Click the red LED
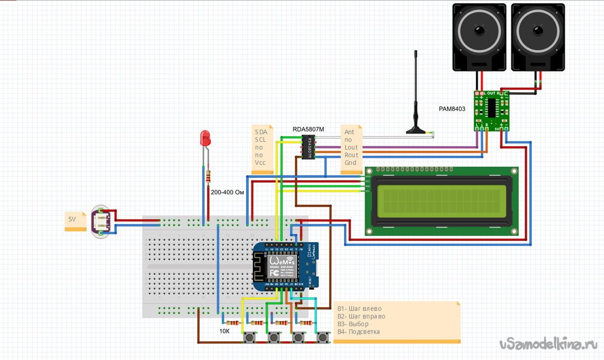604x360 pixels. [x=206, y=137]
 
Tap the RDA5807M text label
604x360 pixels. [x=308, y=130]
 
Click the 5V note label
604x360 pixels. [x=72, y=219]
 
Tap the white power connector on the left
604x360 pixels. [x=103, y=220]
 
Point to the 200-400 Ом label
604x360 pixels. [x=228, y=193]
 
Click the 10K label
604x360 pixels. [x=224, y=331]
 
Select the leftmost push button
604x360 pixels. [x=249, y=337]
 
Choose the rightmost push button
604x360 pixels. [x=322, y=337]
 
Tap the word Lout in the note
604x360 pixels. [x=351, y=148]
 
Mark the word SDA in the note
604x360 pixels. [x=260, y=132]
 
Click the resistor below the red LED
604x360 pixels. [x=208, y=177]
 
